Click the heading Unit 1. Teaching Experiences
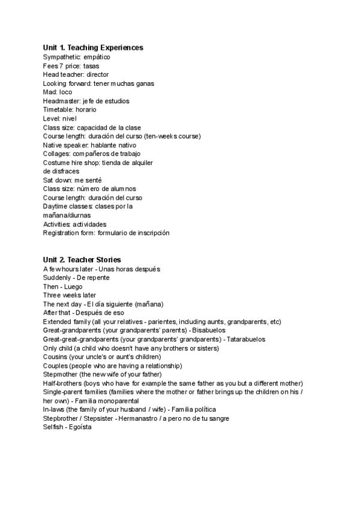pos(93,47)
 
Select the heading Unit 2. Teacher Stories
pos(82,260)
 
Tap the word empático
pos(96,57)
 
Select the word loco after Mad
pos(65,92)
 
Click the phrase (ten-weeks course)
pos(177,136)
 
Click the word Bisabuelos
pos(208,330)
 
